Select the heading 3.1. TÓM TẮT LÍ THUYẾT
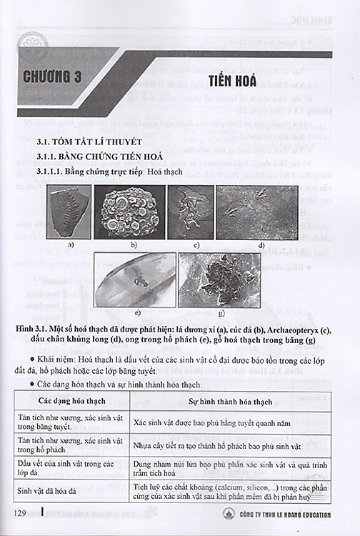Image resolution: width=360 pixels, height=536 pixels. [x=91, y=142]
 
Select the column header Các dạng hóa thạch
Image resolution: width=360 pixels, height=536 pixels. [x=84, y=403]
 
